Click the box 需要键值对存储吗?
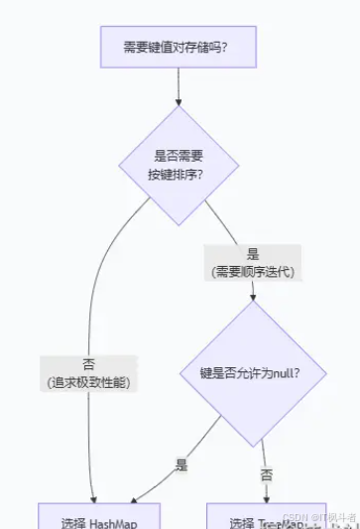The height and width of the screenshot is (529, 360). (x=179, y=47)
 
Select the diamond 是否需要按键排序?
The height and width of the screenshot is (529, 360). (x=180, y=165)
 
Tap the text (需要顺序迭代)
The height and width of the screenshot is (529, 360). (x=252, y=271)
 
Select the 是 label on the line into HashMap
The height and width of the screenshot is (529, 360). (x=181, y=463)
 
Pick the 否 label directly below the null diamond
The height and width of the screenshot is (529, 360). (x=266, y=475)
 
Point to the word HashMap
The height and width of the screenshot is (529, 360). (x=111, y=522)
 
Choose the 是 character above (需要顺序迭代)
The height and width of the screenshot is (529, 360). (x=252, y=254)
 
